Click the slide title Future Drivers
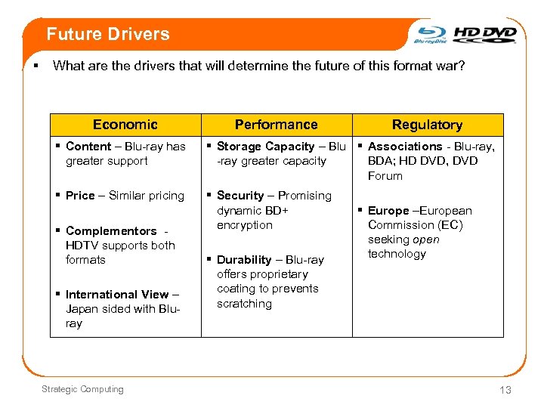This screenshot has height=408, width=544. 107,34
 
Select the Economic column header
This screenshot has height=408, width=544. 125,125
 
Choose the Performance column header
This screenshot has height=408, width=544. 276,125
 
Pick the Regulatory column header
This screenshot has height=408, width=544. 427,125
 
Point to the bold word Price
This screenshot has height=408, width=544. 80,196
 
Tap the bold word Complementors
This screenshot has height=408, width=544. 111,231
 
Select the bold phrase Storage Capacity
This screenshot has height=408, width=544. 265,147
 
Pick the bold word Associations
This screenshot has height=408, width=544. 405,147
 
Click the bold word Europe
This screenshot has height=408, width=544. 388,211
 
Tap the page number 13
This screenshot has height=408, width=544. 505,390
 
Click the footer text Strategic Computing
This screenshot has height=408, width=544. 82,389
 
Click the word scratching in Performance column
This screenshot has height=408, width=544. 244,304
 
